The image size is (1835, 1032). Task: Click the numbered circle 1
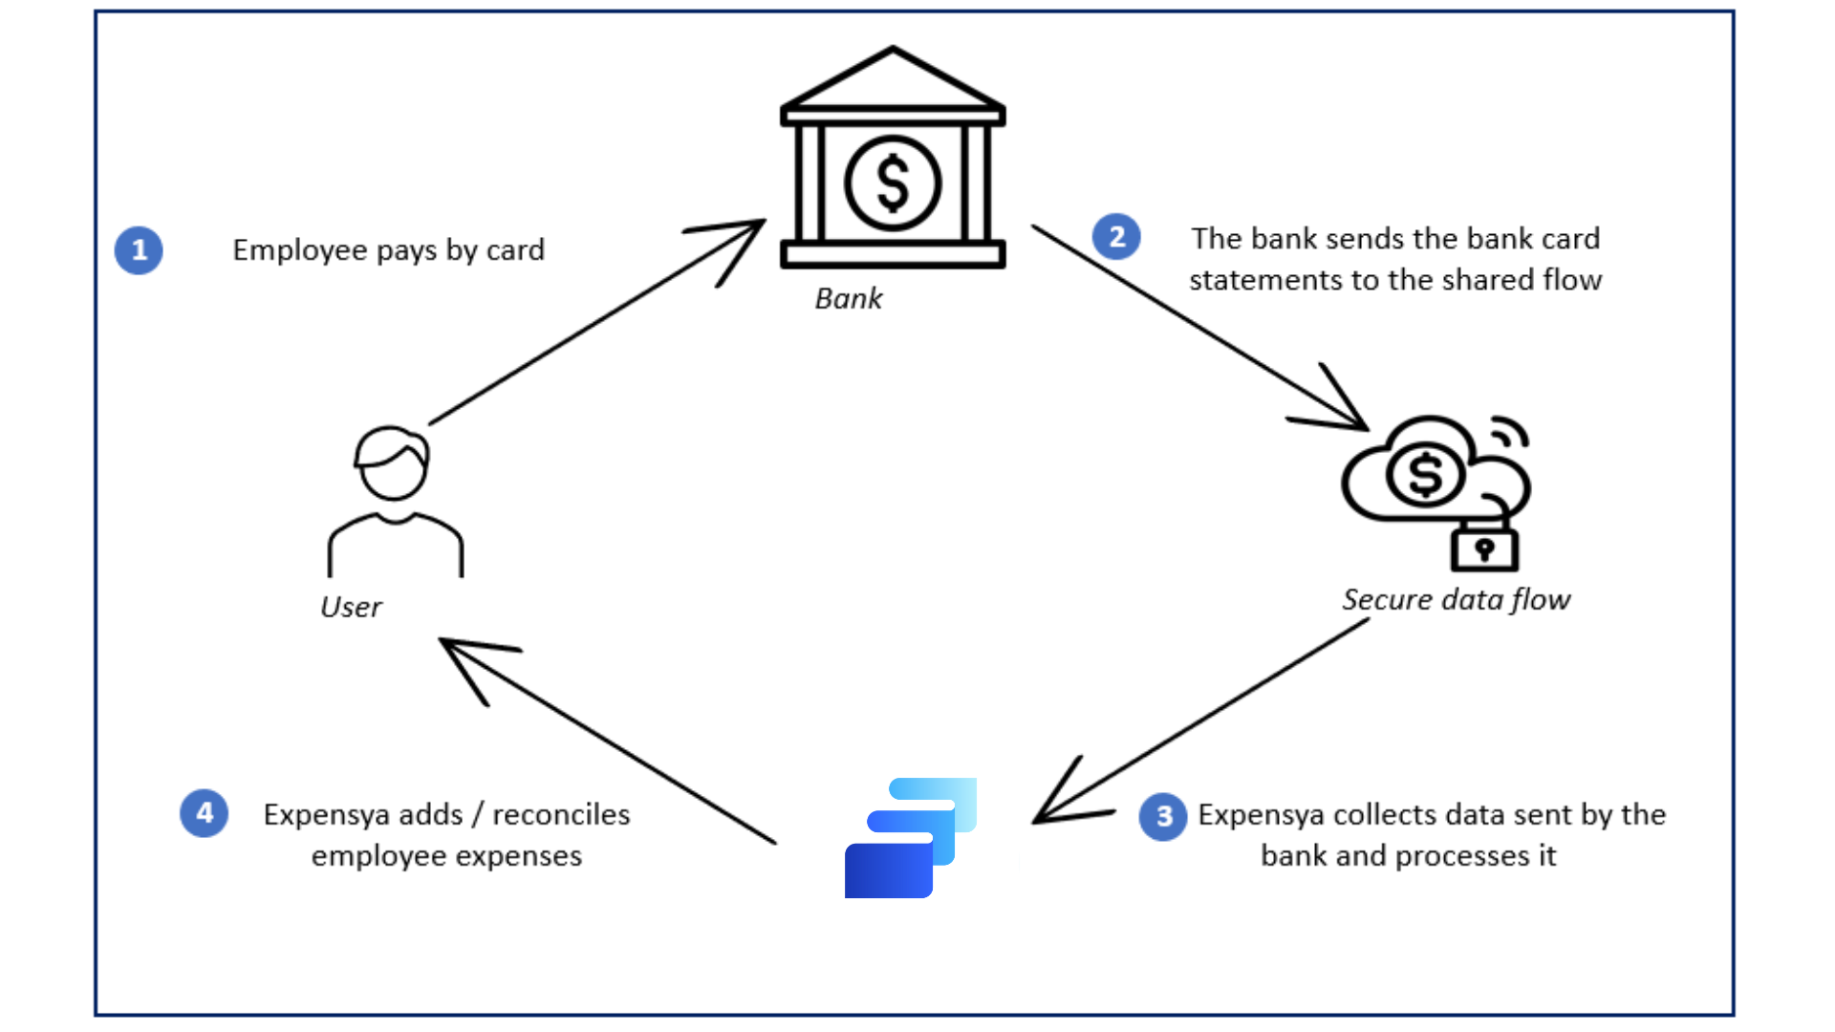click(139, 250)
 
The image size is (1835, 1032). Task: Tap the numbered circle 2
click(1116, 236)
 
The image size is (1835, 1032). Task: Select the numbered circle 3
click(1163, 817)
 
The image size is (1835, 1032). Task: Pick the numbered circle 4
click(204, 813)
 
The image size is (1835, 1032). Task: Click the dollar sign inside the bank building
click(893, 183)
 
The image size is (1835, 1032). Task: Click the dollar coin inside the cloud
click(1425, 475)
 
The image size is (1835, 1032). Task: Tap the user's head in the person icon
click(393, 463)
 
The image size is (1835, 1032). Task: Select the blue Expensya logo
click(910, 838)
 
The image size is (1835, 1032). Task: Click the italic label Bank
click(849, 299)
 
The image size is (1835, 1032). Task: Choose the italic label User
click(351, 608)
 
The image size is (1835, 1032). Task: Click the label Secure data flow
click(1456, 600)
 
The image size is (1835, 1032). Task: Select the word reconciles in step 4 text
click(561, 814)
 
